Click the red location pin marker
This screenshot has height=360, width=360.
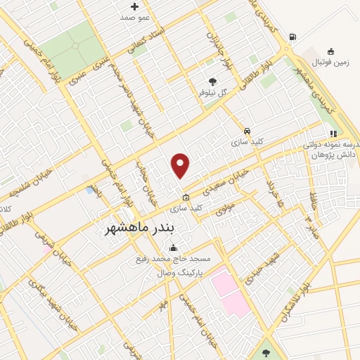point(181,165)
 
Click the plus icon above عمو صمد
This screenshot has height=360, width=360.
point(134,7)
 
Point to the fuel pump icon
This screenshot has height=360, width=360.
point(292,37)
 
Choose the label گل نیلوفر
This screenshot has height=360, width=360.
point(213,92)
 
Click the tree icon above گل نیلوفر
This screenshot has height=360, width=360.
point(213,82)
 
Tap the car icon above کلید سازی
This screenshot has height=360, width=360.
point(247,131)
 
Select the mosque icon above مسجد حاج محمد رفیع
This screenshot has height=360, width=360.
point(173,247)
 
